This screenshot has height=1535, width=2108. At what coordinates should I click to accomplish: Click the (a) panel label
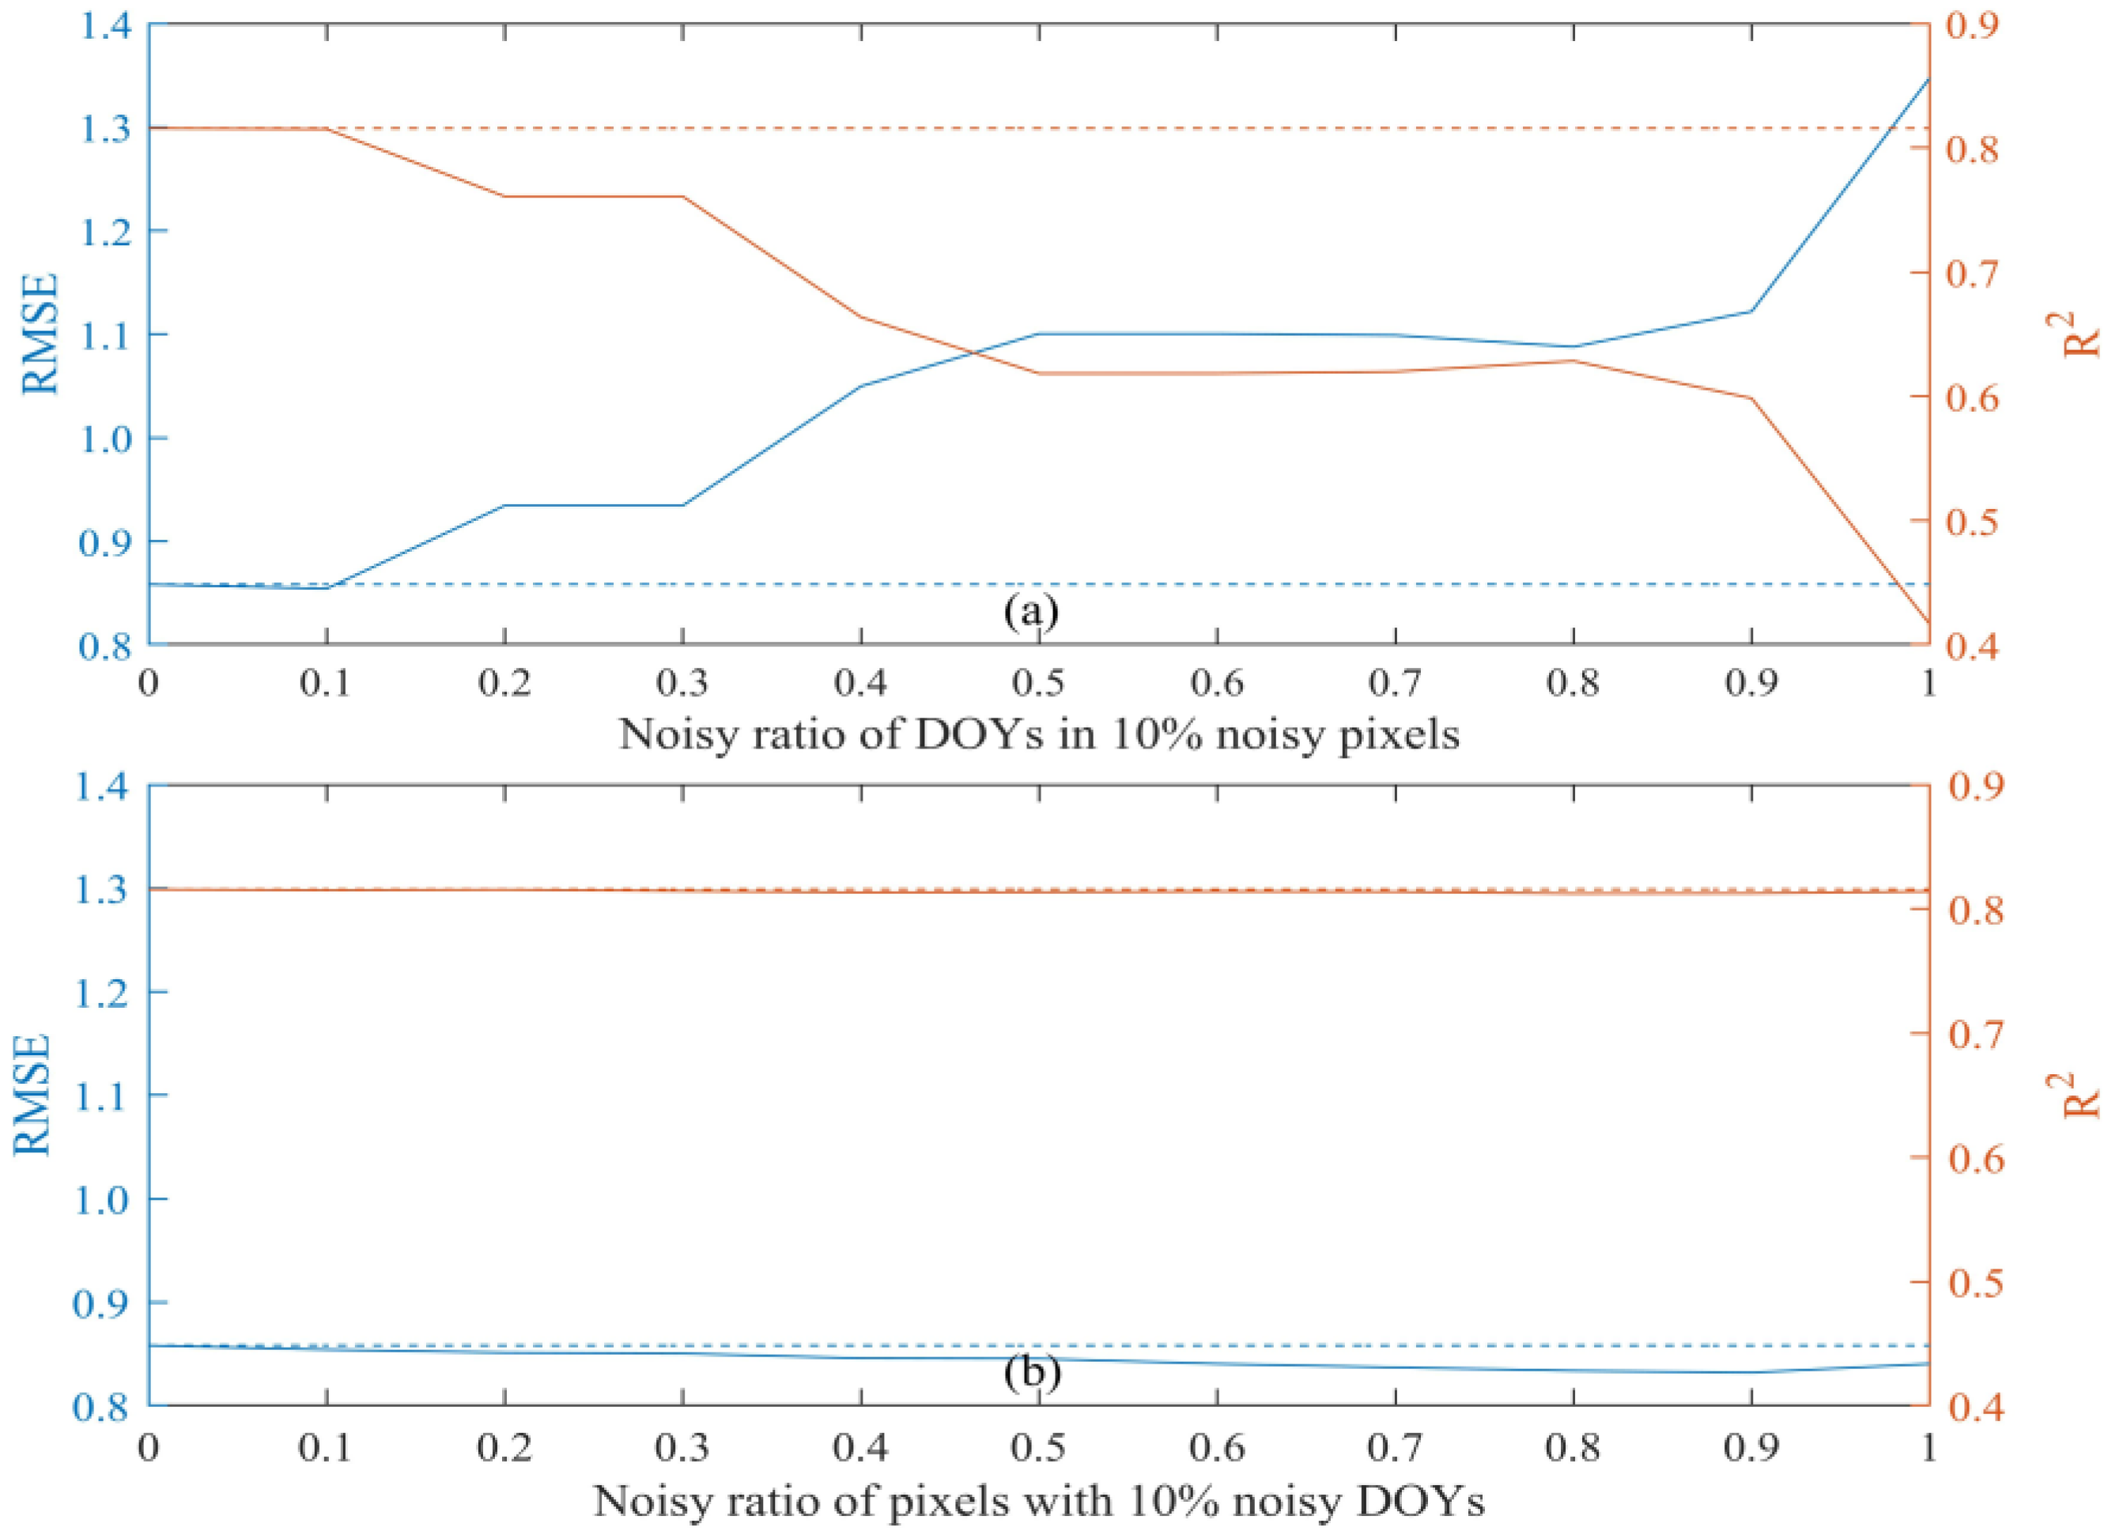[x=1032, y=612]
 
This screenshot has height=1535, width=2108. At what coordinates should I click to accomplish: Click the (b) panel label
[x=1033, y=1372]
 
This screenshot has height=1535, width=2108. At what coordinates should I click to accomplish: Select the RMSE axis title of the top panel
[x=40, y=334]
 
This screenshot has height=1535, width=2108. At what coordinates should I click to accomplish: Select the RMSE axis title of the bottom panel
[x=34, y=1096]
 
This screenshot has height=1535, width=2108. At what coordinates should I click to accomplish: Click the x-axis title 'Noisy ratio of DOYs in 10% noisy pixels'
[x=1039, y=735]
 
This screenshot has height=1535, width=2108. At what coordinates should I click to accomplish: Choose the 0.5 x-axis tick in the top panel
[x=1039, y=684]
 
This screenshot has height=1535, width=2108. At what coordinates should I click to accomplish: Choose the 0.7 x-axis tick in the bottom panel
[x=1395, y=1447]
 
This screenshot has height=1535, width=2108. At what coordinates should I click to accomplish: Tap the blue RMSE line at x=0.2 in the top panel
[x=504, y=505]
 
